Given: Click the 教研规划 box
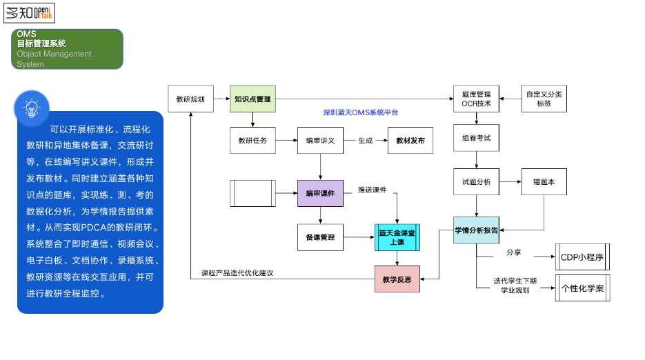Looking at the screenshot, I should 190,99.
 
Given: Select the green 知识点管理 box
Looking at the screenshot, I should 252,99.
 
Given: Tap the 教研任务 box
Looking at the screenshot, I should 252,141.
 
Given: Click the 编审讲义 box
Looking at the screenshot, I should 320,141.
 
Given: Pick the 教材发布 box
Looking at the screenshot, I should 410,141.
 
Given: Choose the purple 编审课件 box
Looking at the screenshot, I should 320,193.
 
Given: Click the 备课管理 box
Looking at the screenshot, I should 320,237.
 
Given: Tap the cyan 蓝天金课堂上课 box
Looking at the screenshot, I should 397,238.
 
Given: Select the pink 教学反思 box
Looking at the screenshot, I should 397,279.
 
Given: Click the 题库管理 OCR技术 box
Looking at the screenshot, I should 476,99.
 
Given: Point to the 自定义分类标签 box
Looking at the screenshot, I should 544,99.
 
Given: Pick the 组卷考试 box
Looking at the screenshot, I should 476,138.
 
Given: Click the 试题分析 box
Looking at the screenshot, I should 476,181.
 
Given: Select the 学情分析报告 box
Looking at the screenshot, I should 476,230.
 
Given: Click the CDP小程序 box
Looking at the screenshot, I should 582,257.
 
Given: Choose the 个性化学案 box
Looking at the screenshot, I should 582,288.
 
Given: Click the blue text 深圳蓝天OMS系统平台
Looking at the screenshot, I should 361,112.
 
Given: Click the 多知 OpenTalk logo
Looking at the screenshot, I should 29,12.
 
